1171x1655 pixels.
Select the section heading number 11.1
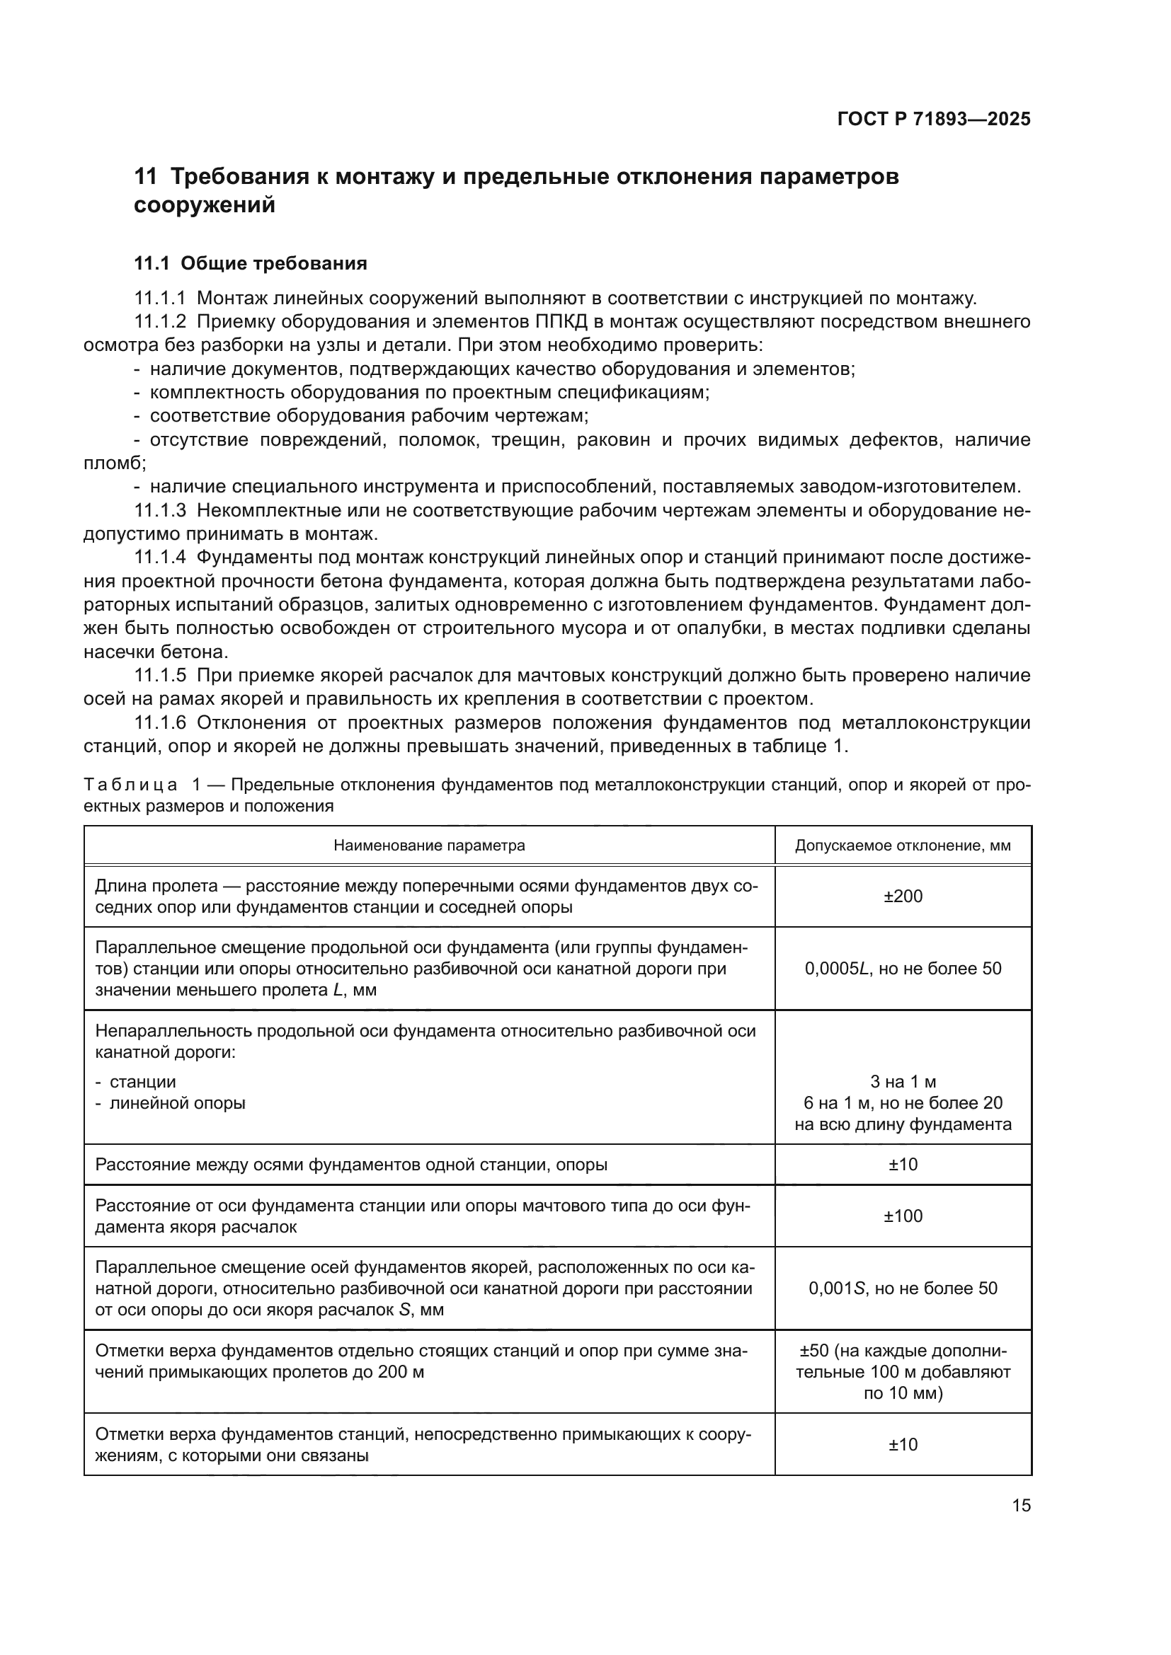pos(152,264)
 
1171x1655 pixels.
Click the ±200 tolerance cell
pos(903,896)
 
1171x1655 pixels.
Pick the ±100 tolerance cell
pos(903,1217)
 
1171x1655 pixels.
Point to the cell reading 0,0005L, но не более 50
pos(903,969)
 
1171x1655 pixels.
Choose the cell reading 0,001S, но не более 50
pos(903,1288)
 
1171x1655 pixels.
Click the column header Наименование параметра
pos(429,846)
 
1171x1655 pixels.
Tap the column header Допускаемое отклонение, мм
pos(903,846)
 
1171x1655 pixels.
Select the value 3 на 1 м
pos(903,1082)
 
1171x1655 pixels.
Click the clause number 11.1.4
pos(160,557)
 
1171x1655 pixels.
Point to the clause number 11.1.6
pos(160,723)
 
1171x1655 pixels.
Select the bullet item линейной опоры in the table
pos(178,1103)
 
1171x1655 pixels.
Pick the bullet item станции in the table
pos(143,1082)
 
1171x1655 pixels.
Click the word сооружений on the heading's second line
pos(205,205)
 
